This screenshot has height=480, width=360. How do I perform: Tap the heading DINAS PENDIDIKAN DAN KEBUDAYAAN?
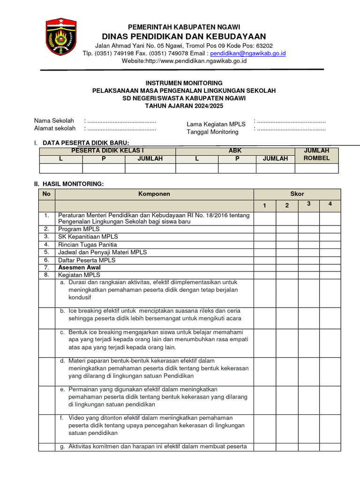tap(184, 37)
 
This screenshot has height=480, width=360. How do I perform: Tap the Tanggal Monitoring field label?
tap(212, 132)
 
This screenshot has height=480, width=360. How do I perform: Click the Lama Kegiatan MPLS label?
tap(216, 124)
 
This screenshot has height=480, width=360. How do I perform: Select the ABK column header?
tap(235, 151)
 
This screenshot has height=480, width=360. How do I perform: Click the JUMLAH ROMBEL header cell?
tap(316, 154)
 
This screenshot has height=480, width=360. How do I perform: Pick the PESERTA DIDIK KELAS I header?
tap(107, 151)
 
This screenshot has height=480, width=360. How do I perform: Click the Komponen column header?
tap(154, 194)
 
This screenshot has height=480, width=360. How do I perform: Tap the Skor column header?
tap(297, 194)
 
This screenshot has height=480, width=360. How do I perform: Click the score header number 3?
tap(308, 204)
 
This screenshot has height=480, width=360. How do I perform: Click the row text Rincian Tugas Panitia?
tap(88, 245)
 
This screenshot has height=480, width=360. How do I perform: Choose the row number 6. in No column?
tap(46, 260)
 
